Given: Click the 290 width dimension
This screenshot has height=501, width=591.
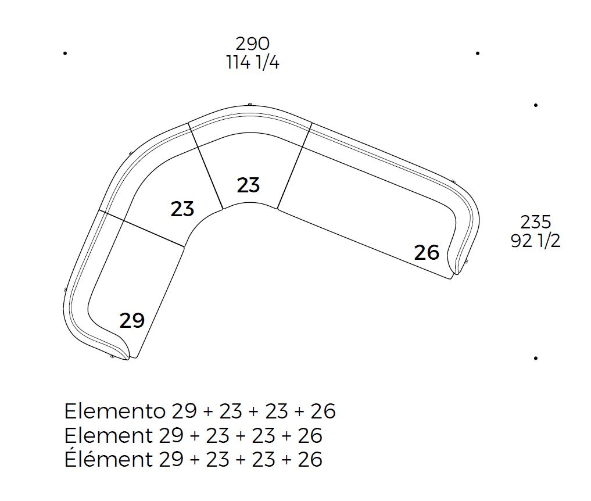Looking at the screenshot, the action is (x=253, y=44).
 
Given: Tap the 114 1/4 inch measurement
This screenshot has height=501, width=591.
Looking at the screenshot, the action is (x=253, y=63).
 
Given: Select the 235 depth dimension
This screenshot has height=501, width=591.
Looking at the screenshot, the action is (x=536, y=222).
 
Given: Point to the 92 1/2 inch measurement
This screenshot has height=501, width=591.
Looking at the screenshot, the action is (x=536, y=241).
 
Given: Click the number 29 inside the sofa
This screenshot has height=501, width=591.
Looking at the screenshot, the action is (x=132, y=321).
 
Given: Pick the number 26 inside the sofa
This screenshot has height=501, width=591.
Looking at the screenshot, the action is (x=427, y=253).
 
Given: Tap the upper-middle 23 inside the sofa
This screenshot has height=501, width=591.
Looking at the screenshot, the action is (x=248, y=185).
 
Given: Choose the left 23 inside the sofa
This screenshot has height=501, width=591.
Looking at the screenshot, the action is (x=182, y=209).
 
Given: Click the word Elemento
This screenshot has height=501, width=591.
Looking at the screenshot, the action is (x=115, y=411).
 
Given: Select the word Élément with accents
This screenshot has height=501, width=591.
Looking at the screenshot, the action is (x=109, y=459).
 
